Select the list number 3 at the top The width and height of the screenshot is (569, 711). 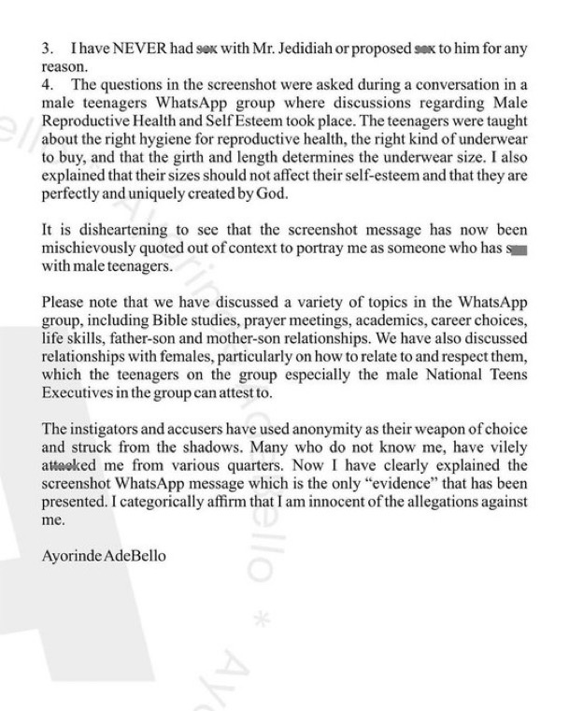point(48,49)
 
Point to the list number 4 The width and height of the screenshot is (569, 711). point(48,86)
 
